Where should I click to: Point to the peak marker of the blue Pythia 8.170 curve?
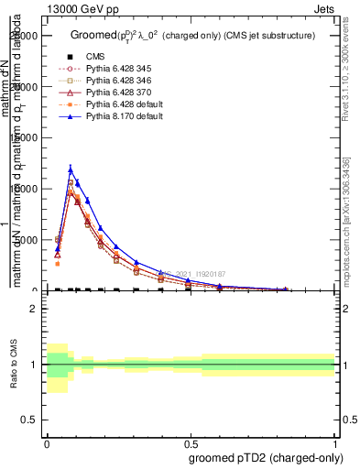coord(71,169)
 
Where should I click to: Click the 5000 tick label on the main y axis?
coord(27,240)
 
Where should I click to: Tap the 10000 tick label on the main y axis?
coord(25,189)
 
